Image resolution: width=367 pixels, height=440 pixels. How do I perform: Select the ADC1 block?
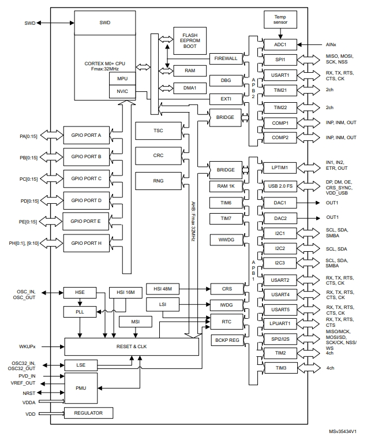pos(280,44)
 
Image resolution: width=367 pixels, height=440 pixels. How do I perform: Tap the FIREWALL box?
pos(226,59)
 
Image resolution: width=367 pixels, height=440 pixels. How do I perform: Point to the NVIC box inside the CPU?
pos(122,91)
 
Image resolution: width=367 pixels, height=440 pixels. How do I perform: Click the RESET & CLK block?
pos(131,346)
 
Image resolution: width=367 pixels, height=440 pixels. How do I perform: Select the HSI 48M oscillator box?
pos(162,288)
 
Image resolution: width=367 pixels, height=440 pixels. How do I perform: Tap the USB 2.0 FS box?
pos(280,186)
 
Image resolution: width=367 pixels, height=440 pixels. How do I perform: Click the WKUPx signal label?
pos(28,346)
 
